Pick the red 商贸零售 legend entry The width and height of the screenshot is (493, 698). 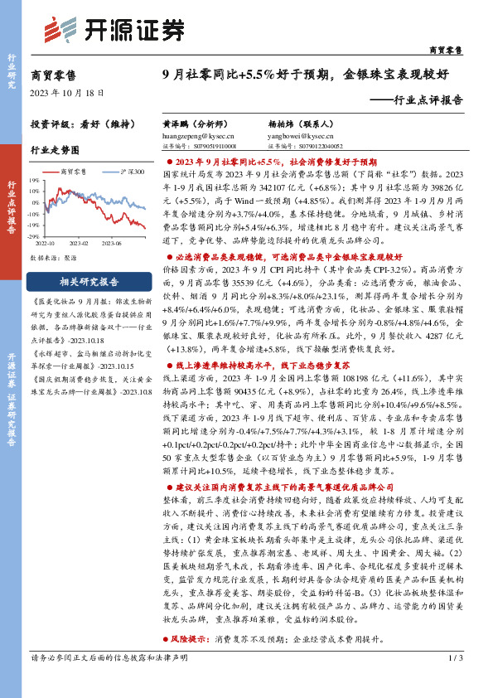(78, 172)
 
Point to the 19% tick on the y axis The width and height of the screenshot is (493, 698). (35, 178)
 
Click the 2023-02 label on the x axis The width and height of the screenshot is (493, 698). (79, 244)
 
